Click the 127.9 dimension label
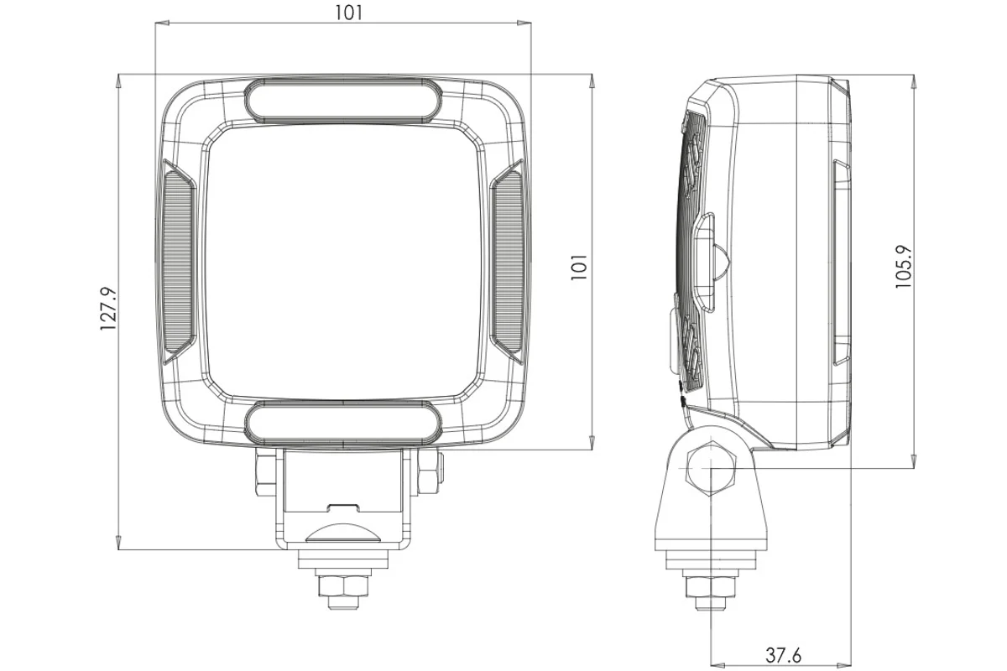(x=108, y=309)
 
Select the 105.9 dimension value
(x=904, y=267)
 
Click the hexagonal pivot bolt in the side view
(x=711, y=469)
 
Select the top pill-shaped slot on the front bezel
(x=343, y=100)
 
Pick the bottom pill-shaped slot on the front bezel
(x=343, y=424)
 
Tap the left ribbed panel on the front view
(x=179, y=262)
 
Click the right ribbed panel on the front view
(x=507, y=262)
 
